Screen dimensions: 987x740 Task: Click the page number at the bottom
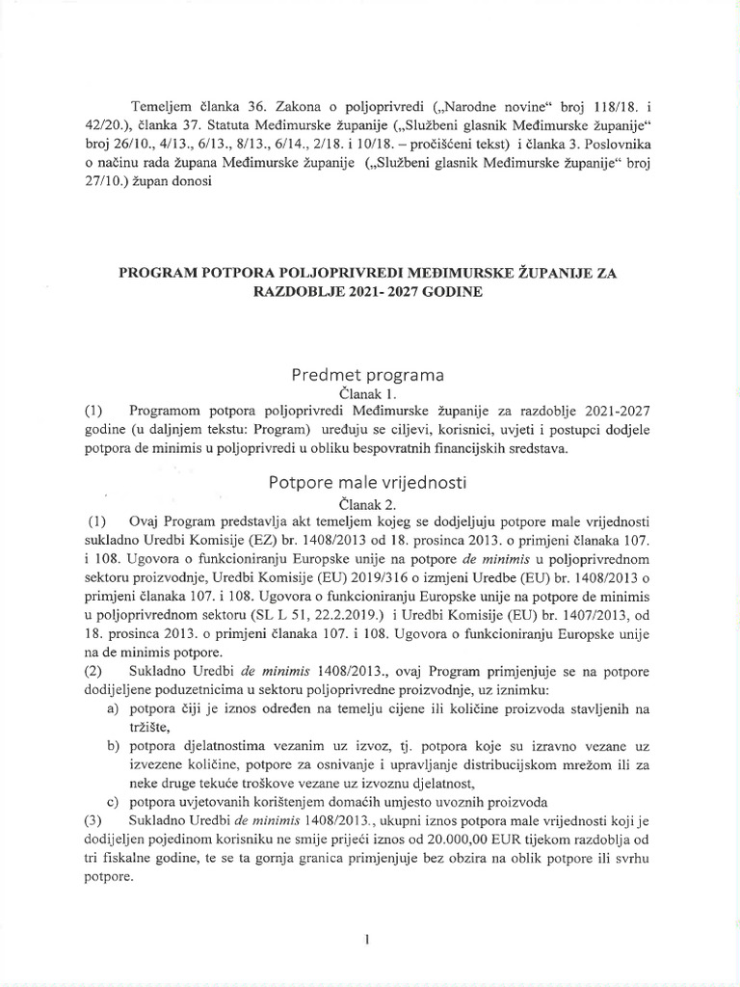click(369, 938)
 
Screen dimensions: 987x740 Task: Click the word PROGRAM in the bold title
click(159, 274)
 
